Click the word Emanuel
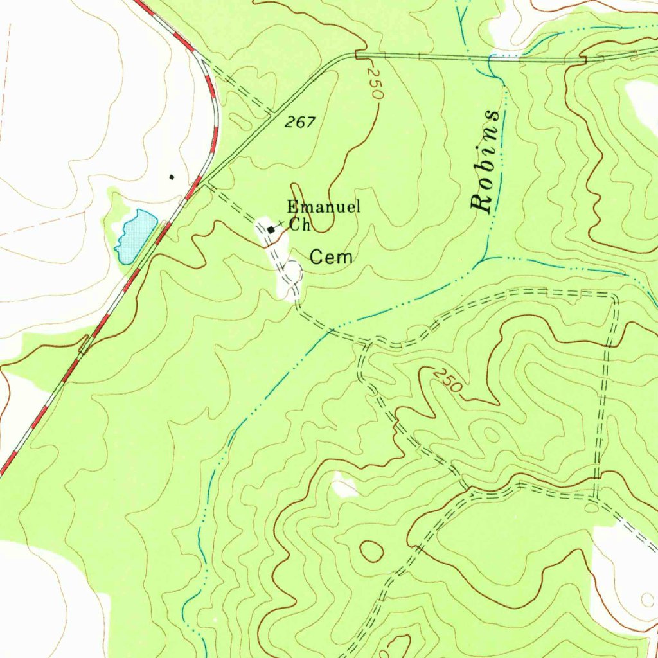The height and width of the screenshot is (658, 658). (323, 207)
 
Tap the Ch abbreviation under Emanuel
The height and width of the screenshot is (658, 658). (299, 225)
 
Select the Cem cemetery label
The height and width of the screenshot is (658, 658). (332, 258)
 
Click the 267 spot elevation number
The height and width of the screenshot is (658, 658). (301, 121)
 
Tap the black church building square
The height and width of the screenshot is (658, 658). (272, 229)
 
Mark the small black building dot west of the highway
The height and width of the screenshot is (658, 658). (171, 177)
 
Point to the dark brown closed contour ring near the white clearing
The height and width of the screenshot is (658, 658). (371, 551)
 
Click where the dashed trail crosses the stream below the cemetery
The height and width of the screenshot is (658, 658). (330, 331)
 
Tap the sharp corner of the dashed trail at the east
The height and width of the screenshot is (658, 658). (614, 297)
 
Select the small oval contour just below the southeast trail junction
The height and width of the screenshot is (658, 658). (591, 508)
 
